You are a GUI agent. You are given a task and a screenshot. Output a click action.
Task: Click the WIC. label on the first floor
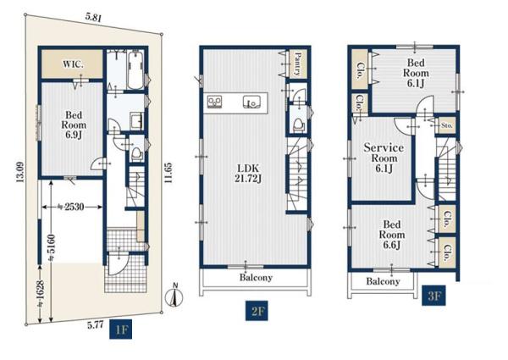pyautogui.click(x=73, y=64)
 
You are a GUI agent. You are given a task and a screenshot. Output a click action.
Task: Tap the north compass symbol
pyautogui.click(x=174, y=296)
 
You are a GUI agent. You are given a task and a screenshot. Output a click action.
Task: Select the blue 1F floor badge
pyautogui.click(x=120, y=330)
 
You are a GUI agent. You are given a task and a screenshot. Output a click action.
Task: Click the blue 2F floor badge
pyautogui.click(x=257, y=311)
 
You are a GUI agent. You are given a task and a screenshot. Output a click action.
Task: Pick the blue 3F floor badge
pyautogui.click(x=433, y=296)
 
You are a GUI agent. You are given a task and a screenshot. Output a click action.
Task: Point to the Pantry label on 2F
pyautogui.click(x=298, y=64)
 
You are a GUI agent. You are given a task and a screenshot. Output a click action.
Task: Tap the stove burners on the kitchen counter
pyautogui.click(x=215, y=102)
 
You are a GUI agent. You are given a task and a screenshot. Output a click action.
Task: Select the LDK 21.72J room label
pyautogui.click(x=248, y=174)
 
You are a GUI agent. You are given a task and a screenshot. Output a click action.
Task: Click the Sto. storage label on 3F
pyautogui.click(x=447, y=125)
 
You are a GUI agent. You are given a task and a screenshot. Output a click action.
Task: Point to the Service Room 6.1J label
pyautogui.click(x=384, y=158)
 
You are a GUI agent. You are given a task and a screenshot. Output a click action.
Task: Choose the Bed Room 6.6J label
pyautogui.click(x=392, y=235)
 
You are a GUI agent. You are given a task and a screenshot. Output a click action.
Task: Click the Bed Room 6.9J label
pyautogui.click(x=74, y=125)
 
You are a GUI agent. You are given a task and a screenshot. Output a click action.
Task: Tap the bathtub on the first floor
pyautogui.click(x=135, y=69)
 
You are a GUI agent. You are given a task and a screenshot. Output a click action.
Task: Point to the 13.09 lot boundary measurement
pyautogui.click(x=20, y=172)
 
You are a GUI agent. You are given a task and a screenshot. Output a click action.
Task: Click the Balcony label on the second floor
pyautogui.click(x=256, y=278)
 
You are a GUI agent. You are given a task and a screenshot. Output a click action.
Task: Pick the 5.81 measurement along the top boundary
pyautogui.click(x=93, y=17)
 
